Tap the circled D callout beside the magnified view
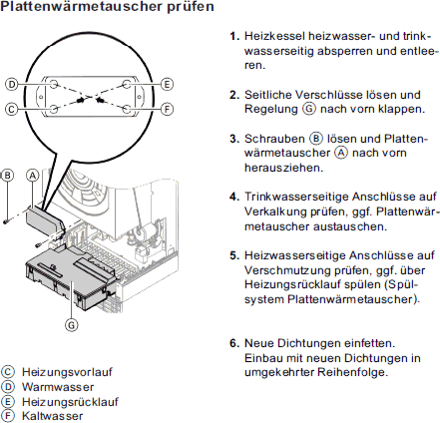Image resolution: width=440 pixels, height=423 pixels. point(12,84)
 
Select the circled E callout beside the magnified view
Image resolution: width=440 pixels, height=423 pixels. point(167,84)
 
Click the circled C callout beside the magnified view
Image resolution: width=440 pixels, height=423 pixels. point(12,109)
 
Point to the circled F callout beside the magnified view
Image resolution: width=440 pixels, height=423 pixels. point(167,109)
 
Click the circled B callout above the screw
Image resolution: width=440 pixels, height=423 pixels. point(7,176)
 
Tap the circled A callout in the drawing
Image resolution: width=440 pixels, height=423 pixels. point(33,176)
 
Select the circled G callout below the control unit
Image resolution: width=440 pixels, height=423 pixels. point(71,324)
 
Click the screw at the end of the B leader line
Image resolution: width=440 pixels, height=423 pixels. point(5,220)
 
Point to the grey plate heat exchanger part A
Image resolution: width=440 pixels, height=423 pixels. point(45,219)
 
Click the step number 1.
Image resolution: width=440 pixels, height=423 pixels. point(234,36)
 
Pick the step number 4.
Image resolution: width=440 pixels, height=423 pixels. point(234,197)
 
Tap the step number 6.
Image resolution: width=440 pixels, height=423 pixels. point(234,343)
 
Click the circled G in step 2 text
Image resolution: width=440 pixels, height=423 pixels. point(309,109)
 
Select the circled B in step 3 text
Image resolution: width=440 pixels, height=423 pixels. point(316,139)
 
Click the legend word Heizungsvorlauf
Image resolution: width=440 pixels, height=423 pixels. point(67,372)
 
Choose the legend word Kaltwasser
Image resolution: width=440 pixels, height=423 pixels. point(53,416)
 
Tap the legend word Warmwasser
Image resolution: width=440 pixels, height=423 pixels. point(58,387)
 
